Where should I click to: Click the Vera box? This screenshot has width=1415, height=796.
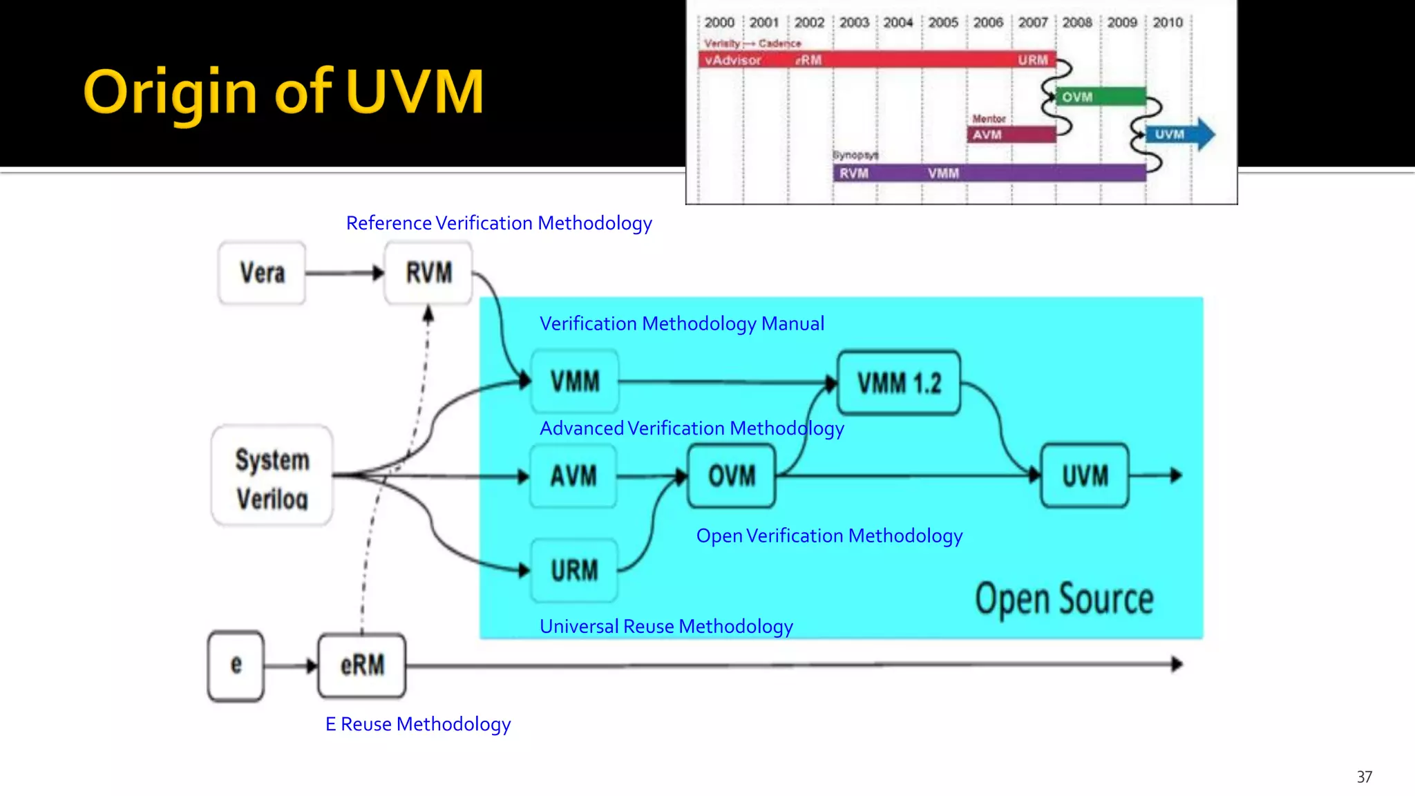click(262, 273)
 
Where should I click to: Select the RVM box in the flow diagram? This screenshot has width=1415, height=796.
click(428, 273)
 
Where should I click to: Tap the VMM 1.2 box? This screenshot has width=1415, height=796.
click(898, 383)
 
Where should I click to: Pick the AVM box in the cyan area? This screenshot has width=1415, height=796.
click(573, 476)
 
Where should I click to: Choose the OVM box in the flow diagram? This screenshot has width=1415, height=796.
click(732, 476)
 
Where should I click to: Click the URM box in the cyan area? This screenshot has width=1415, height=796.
click(573, 571)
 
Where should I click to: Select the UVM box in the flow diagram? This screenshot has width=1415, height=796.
click(1085, 476)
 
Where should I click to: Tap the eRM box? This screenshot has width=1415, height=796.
click(362, 665)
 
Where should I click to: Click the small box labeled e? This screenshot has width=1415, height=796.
click(236, 665)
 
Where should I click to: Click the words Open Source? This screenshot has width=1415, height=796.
click(1064, 599)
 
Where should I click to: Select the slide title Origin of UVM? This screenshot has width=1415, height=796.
click(283, 92)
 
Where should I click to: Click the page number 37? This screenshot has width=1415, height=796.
click(1364, 777)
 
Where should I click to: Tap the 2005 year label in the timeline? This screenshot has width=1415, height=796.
click(943, 23)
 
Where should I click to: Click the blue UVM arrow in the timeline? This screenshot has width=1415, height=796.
click(1179, 134)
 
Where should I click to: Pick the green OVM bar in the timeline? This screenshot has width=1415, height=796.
click(1100, 97)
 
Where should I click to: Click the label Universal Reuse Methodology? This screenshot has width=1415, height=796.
click(666, 626)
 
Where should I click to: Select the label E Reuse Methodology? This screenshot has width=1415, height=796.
click(418, 724)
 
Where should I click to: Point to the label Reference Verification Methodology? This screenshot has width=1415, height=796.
click(499, 223)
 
